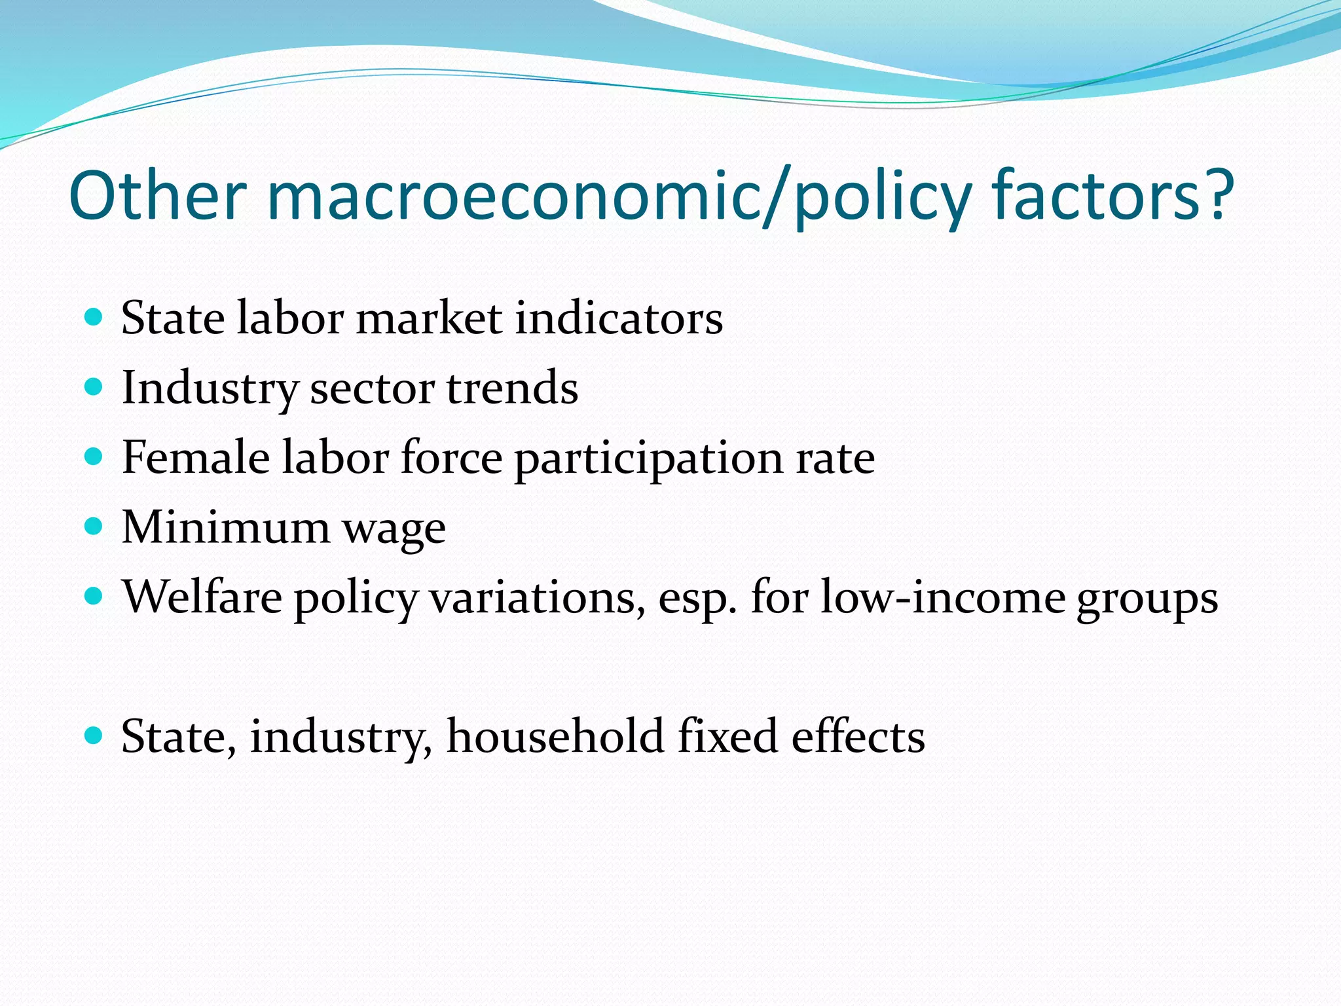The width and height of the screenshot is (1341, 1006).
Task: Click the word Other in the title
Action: (x=157, y=195)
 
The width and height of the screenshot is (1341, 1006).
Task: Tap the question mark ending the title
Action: (x=1217, y=195)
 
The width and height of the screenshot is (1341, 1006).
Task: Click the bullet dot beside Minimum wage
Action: (x=94, y=526)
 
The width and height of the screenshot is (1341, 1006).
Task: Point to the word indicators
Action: (x=619, y=318)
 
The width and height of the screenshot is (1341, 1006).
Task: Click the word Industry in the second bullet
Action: (x=210, y=388)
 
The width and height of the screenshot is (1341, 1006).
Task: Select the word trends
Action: (x=512, y=388)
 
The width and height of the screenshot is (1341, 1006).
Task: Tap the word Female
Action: (x=195, y=457)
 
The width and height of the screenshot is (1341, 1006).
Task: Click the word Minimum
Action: (x=226, y=527)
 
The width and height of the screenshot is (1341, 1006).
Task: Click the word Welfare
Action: (x=202, y=597)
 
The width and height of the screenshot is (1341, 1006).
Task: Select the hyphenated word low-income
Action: (x=943, y=597)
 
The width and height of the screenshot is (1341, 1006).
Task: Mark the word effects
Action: (x=858, y=736)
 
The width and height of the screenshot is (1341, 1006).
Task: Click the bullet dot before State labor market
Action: (x=94, y=318)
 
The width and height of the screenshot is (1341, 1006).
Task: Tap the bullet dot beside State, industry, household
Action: (x=94, y=736)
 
